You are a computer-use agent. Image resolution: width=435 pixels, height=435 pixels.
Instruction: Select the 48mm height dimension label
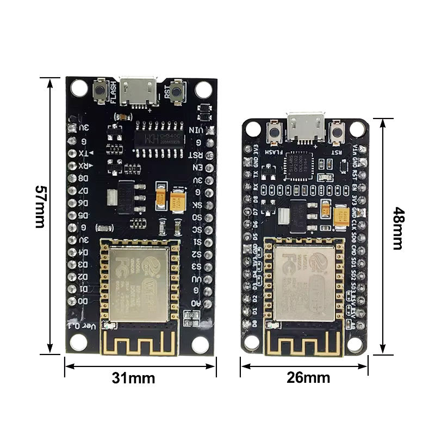pyautogui.click(x=398, y=228)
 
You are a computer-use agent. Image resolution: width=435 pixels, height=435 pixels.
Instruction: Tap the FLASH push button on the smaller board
pyautogui.click(x=275, y=132)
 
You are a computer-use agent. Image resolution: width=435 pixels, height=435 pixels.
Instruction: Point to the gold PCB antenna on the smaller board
pyautogui.click(x=304, y=343)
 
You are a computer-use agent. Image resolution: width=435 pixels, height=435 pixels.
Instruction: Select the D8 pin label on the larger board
pyautogui.click(x=83, y=178)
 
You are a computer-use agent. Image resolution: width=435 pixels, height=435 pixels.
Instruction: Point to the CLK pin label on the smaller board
pyautogui.click(x=354, y=223)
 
